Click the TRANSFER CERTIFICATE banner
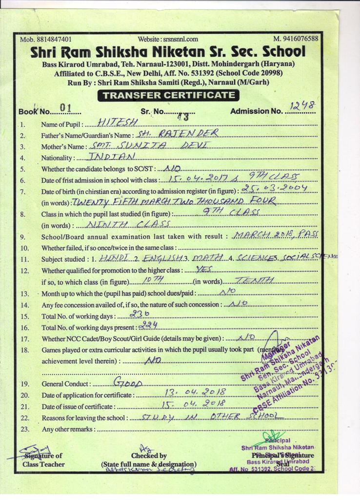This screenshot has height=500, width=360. tap(169, 95)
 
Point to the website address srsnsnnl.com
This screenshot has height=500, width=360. tap(168, 39)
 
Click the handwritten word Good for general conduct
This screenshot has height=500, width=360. tap(127, 382)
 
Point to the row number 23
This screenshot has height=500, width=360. tap(25, 429)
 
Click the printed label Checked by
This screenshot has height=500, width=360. tap(149, 456)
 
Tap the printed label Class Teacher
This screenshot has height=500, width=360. tap(43, 464)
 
